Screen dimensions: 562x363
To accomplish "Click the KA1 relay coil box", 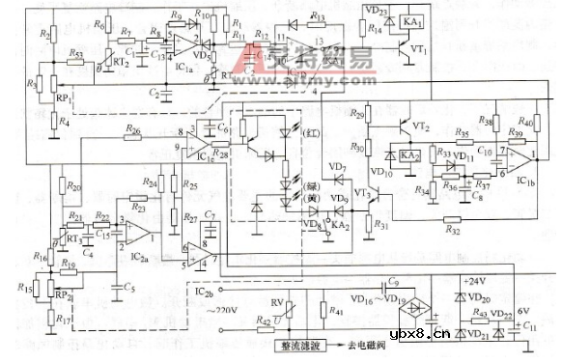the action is [411, 22].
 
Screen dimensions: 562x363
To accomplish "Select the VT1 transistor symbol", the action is [412, 50].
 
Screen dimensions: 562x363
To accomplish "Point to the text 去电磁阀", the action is [365, 346].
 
